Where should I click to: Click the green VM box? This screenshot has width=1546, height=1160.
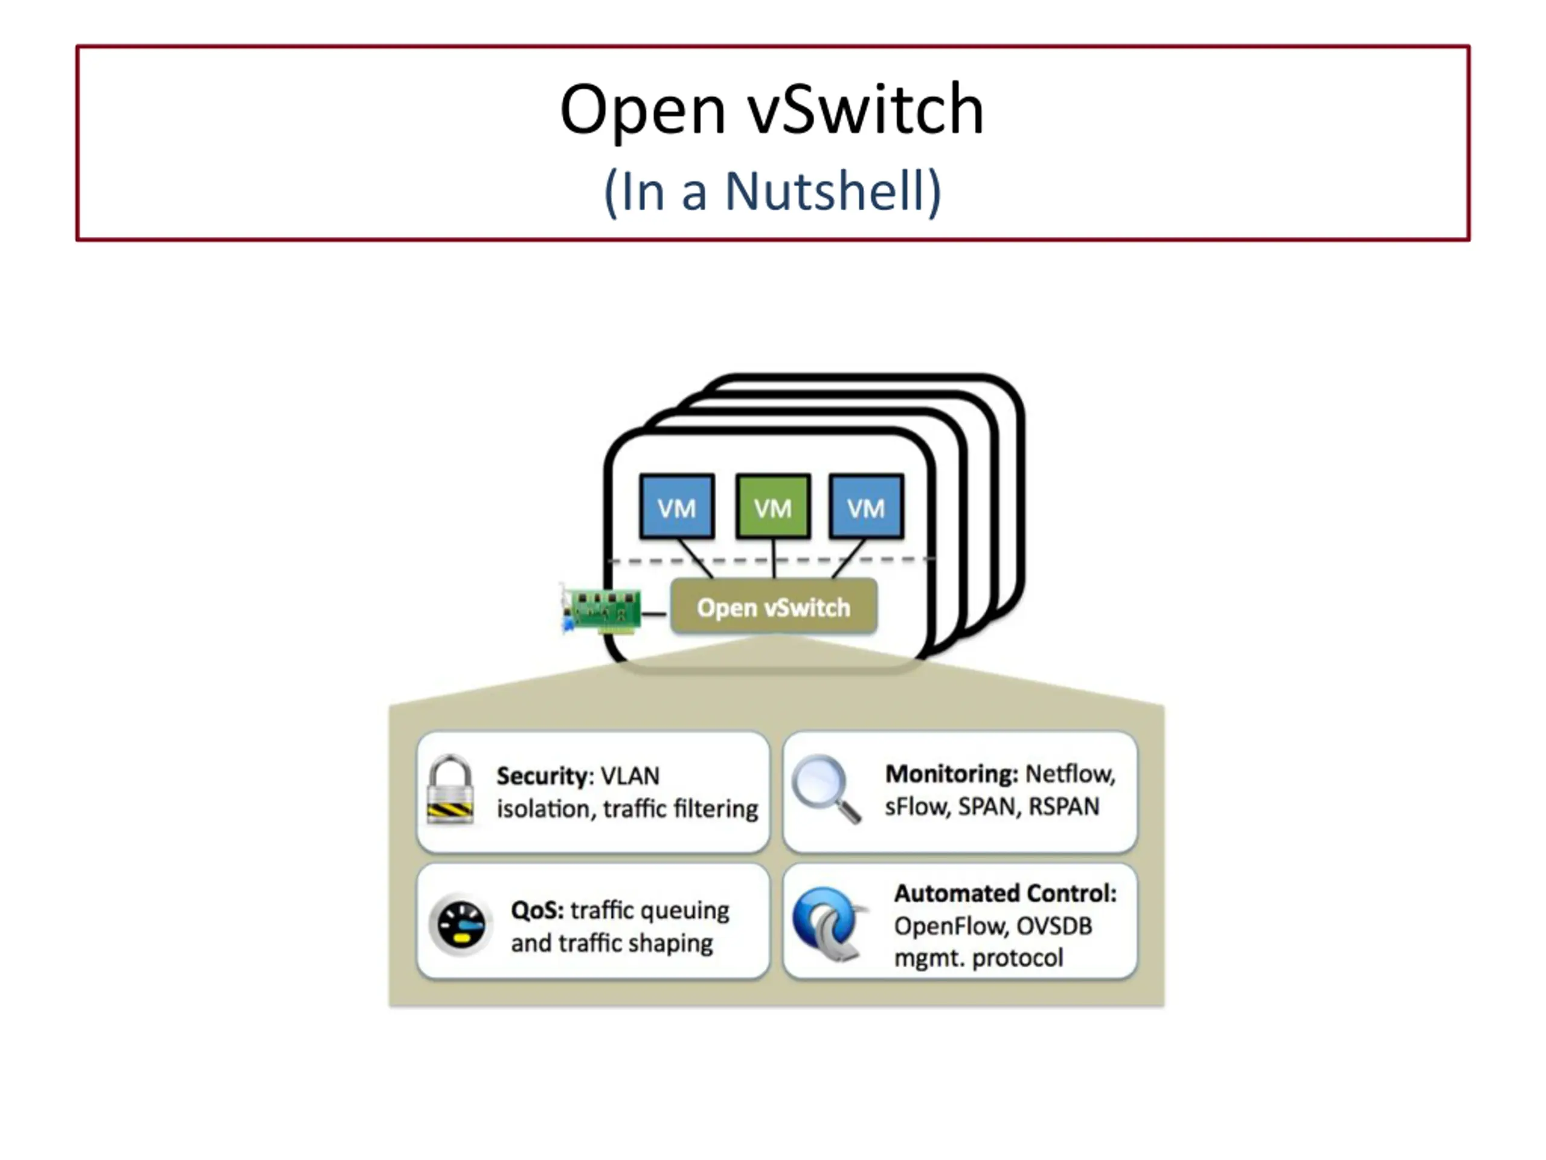click(773, 507)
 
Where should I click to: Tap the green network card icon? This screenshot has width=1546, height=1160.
click(601, 609)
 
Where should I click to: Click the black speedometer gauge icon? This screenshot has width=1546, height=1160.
click(461, 924)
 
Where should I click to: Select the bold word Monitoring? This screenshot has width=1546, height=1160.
click(951, 773)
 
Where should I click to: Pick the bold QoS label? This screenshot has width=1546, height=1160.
click(537, 910)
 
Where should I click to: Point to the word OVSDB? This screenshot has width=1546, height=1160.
click(1054, 926)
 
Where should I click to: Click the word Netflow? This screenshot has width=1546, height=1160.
click(1070, 774)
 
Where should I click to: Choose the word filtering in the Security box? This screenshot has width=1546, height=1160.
click(716, 809)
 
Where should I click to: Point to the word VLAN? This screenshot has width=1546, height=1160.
click(630, 776)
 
